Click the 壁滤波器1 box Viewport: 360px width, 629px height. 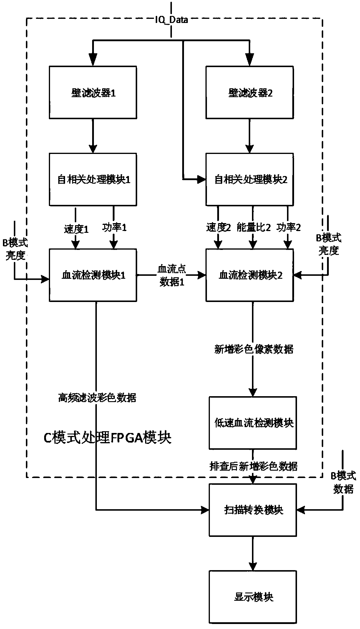click(x=93, y=92)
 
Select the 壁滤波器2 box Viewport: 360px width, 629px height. click(x=250, y=92)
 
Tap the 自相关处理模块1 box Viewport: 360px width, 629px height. click(x=93, y=179)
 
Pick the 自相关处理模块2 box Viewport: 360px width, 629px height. click(x=250, y=179)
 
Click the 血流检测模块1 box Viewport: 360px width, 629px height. click(x=93, y=275)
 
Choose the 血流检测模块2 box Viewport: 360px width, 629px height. click(x=250, y=275)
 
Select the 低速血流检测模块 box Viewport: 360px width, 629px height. click(x=253, y=423)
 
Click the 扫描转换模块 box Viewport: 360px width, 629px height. click(x=253, y=509)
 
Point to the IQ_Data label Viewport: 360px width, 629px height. click(x=172, y=20)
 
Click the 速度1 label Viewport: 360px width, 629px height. click(x=76, y=229)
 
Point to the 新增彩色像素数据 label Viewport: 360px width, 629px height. click(x=254, y=349)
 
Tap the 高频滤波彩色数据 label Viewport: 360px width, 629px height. click(x=97, y=398)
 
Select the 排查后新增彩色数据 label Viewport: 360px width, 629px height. click(x=253, y=466)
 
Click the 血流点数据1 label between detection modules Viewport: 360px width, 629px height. click(x=172, y=276)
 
